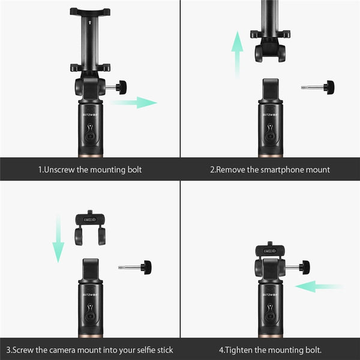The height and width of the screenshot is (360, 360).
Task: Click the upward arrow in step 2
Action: point(238,53)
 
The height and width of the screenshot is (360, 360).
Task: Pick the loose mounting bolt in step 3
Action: point(136,266)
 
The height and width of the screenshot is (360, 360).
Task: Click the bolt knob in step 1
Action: point(122,87)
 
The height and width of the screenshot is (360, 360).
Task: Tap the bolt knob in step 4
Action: point(304,266)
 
